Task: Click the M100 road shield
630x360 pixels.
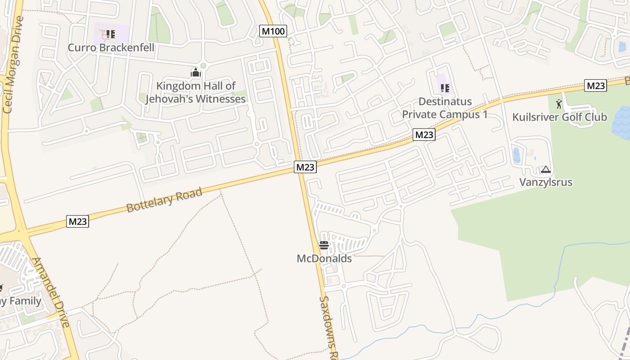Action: pyautogui.click(x=273, y=31)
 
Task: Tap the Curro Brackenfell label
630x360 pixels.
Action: pyautogui.click(x=111, y=48)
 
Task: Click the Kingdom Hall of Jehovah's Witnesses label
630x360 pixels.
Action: pyautogui.click(x=196, y=92)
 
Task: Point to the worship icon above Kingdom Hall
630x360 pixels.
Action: pyautogui.click(x=195, y=72)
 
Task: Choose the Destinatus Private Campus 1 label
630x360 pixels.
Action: pyautogui.click(x=445, y=108)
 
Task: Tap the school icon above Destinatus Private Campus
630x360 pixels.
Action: pyautogui.click(x=445, y=88)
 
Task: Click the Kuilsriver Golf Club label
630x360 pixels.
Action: pyautogui.click(x=559, y=117)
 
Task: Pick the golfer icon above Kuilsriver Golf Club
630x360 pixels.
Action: pyautogui.click(x=559, y=104)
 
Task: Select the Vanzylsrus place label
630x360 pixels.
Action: pyautogui.click(x=546, y=182)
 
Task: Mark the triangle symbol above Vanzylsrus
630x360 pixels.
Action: pyautogui.click(x=546, y=170)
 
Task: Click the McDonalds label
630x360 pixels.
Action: pyautogui.click(x=324, y=259)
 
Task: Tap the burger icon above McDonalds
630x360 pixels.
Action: pyautogui.click(x=324, y=245)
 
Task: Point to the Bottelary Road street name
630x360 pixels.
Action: pyautogui.click(x=164, y=200)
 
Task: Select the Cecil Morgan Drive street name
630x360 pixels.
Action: pyautogui.click(x=13, y=65)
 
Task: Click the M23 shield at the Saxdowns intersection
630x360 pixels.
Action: pyautogui.click(x=306, y=167)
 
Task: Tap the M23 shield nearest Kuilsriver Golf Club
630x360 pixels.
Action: pyautogui.click(x=595, y=85)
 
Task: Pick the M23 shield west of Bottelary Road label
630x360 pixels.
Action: pyautogui.click(x=78, y=221)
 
